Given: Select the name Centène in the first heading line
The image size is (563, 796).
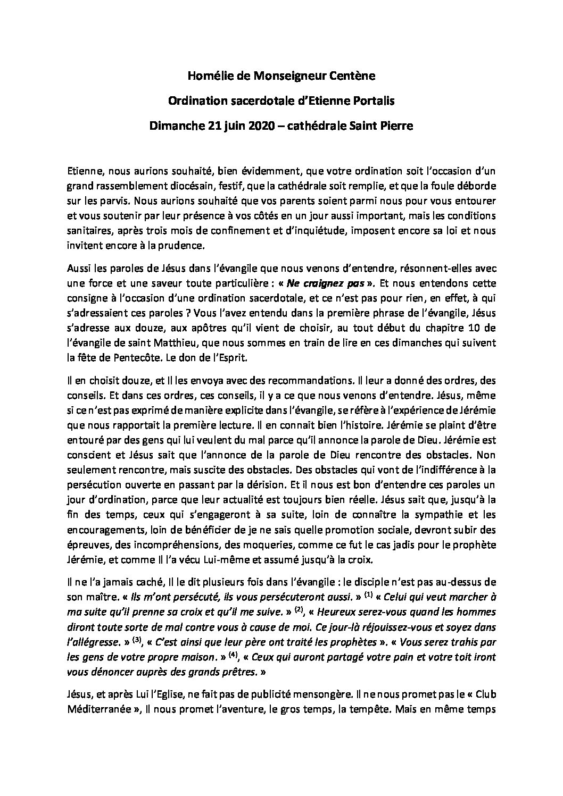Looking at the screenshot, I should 356,77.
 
